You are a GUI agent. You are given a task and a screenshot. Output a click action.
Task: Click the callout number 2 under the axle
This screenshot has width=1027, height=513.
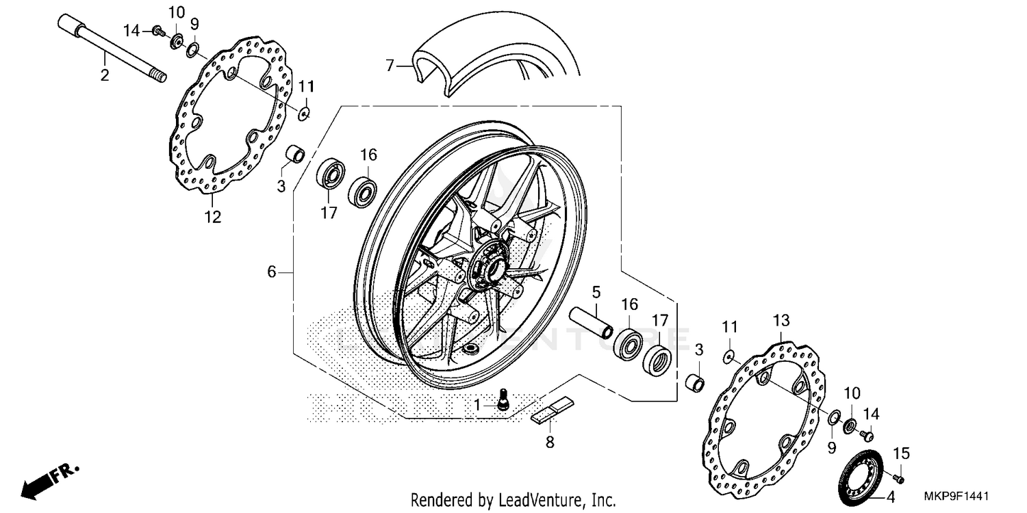[x=105, y=75]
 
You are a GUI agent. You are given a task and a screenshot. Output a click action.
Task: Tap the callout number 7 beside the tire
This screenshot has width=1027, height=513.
[x=390, y=66]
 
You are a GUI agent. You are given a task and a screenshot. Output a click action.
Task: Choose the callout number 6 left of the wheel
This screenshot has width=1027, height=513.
[x=272, y=272]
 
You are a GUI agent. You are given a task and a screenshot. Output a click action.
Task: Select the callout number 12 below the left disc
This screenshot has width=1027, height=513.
[x=212, y=218]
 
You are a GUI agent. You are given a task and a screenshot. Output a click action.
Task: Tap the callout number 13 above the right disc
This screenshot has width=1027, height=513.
[x=781, y=320]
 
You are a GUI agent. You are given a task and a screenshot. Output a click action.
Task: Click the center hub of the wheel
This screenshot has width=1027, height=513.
[x=487, y=267]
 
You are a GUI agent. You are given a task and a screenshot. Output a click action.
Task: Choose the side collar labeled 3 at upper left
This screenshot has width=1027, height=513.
[x=295, y=153]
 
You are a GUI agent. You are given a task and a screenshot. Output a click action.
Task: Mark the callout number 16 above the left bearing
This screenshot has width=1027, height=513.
[x=368, y=155]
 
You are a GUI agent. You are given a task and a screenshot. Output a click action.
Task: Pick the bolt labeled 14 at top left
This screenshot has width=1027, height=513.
[x=157, y=30]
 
